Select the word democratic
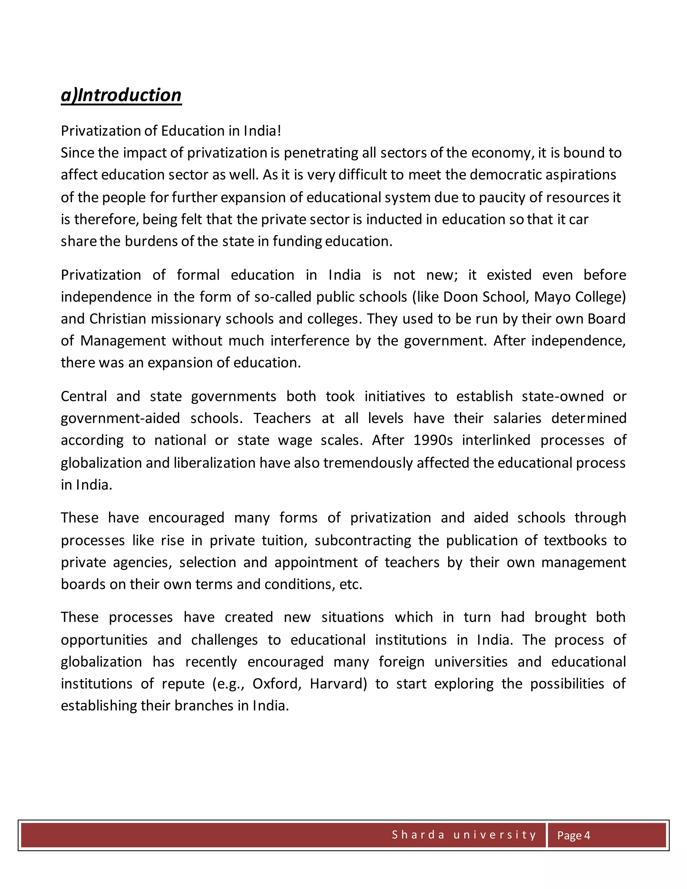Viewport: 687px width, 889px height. coord(505,175)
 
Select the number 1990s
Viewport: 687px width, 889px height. coord(433,440)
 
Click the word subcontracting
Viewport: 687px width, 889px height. coord(363,540)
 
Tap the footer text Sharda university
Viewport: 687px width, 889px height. coord(464,835)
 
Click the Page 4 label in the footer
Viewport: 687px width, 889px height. coord(573,835)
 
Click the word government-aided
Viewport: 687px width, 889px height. coord(120,418)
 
